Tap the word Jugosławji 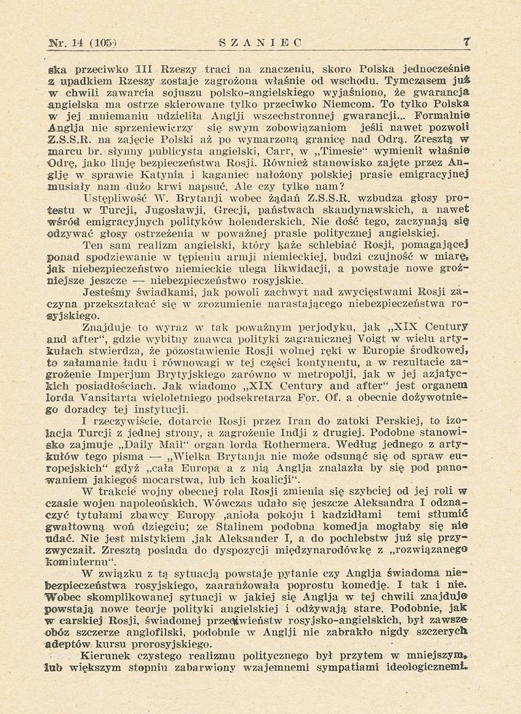[180, 208]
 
